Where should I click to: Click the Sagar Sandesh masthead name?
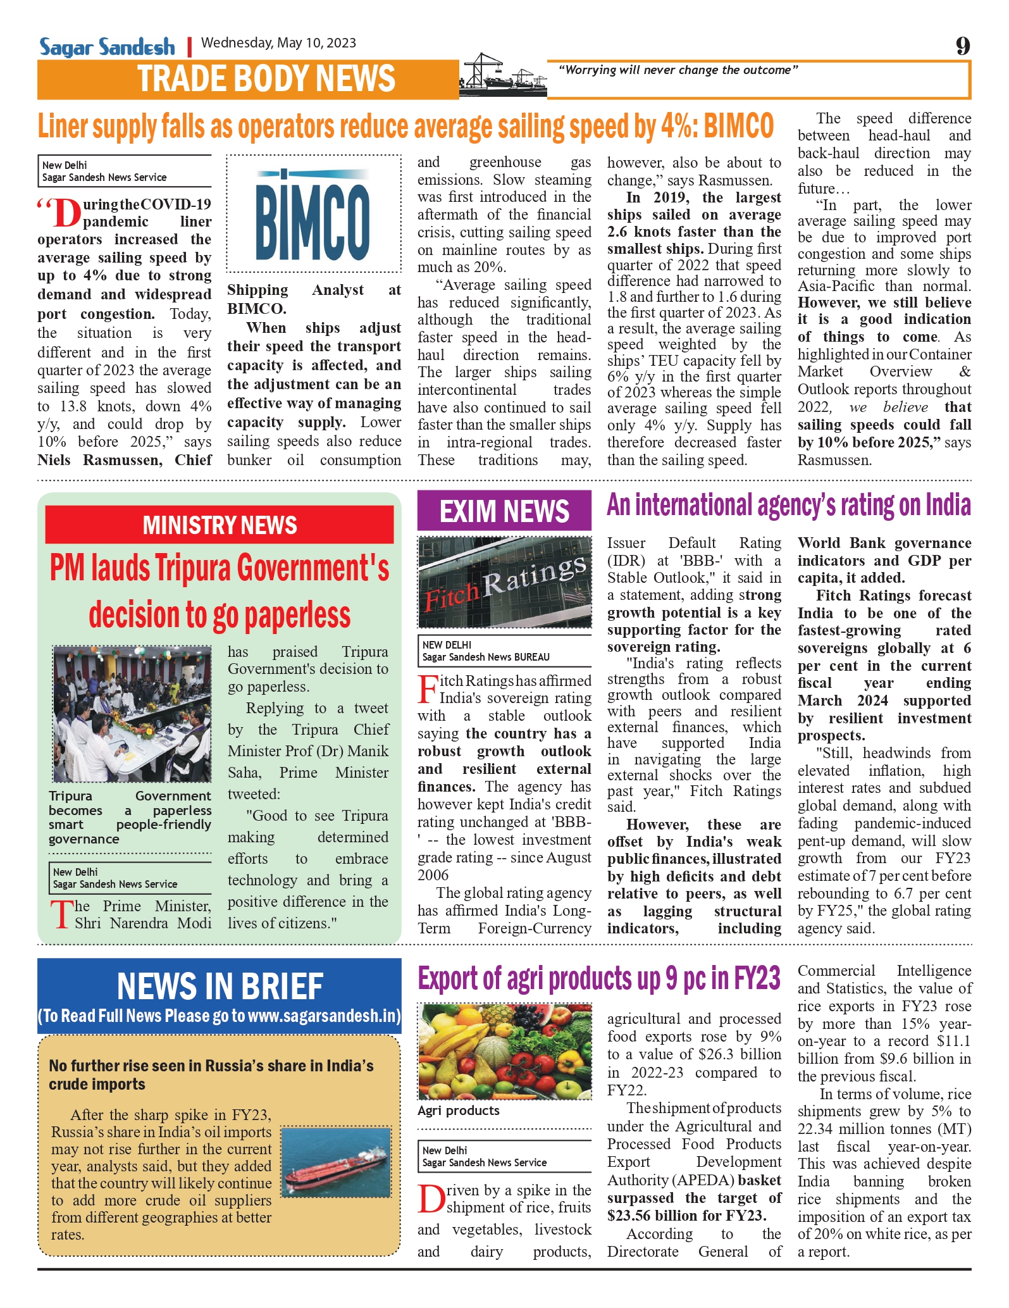107,47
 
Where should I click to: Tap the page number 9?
962,46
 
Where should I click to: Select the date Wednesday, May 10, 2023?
278,43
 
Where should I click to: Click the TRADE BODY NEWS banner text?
266,79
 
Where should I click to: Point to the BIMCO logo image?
313,213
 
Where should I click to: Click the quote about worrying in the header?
678,70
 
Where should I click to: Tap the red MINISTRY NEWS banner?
220,525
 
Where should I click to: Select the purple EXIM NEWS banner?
504,511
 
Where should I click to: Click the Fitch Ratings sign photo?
504,582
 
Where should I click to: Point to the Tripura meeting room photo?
132,713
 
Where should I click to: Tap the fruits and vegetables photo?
504,1051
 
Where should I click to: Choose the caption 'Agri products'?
459,1111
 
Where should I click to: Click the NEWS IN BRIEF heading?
220,986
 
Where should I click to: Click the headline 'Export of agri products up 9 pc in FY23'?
598,978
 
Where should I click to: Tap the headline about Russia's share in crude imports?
211,1074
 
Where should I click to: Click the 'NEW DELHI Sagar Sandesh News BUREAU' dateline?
485,651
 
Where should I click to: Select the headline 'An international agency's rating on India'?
788,506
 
